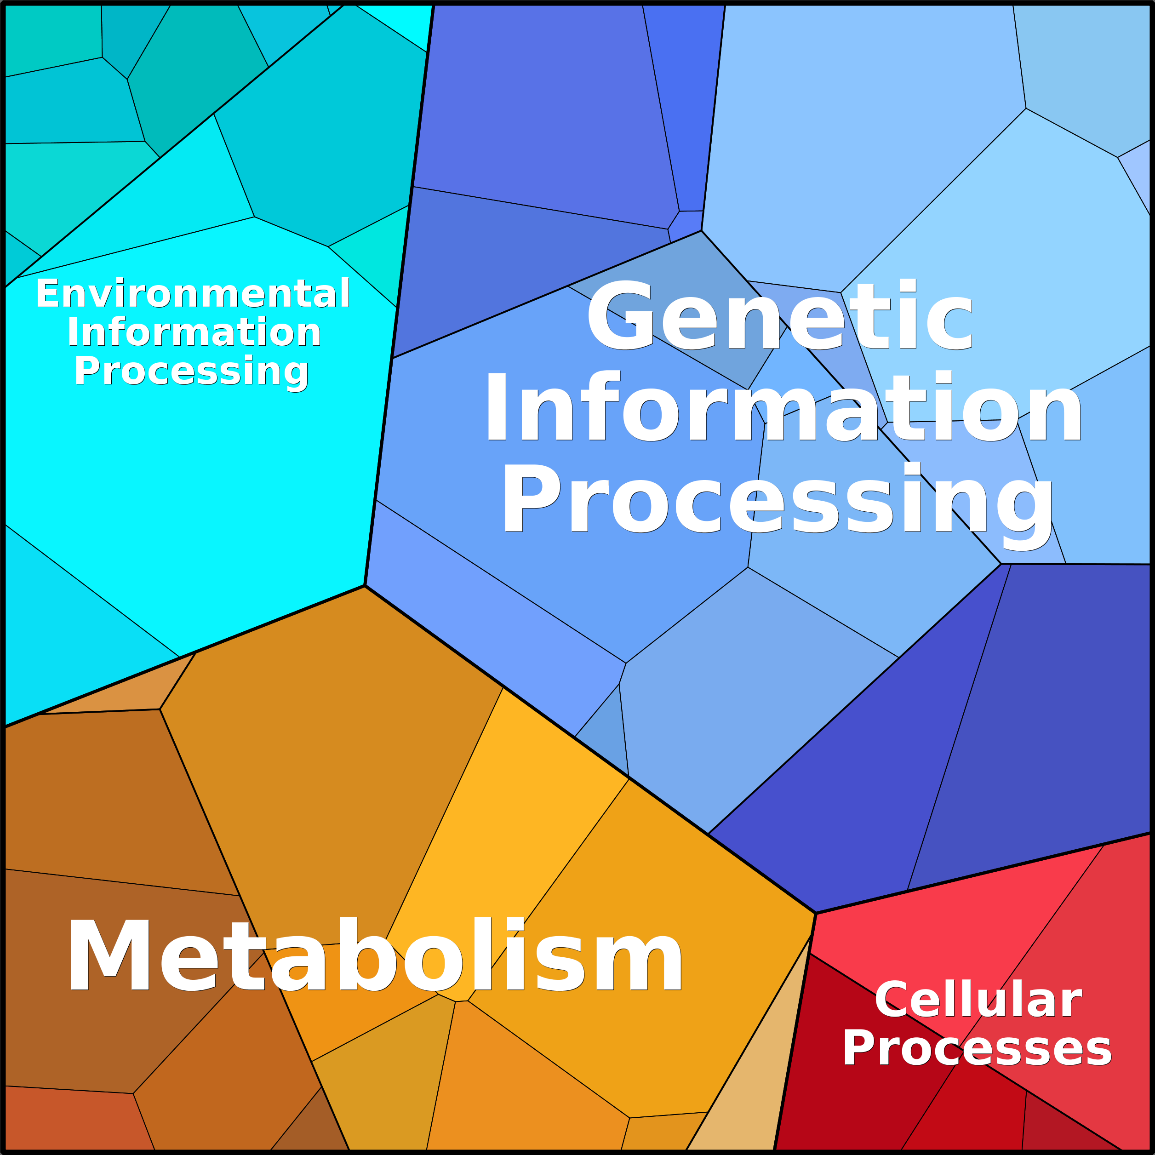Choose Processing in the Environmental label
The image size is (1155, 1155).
click(191, 372)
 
